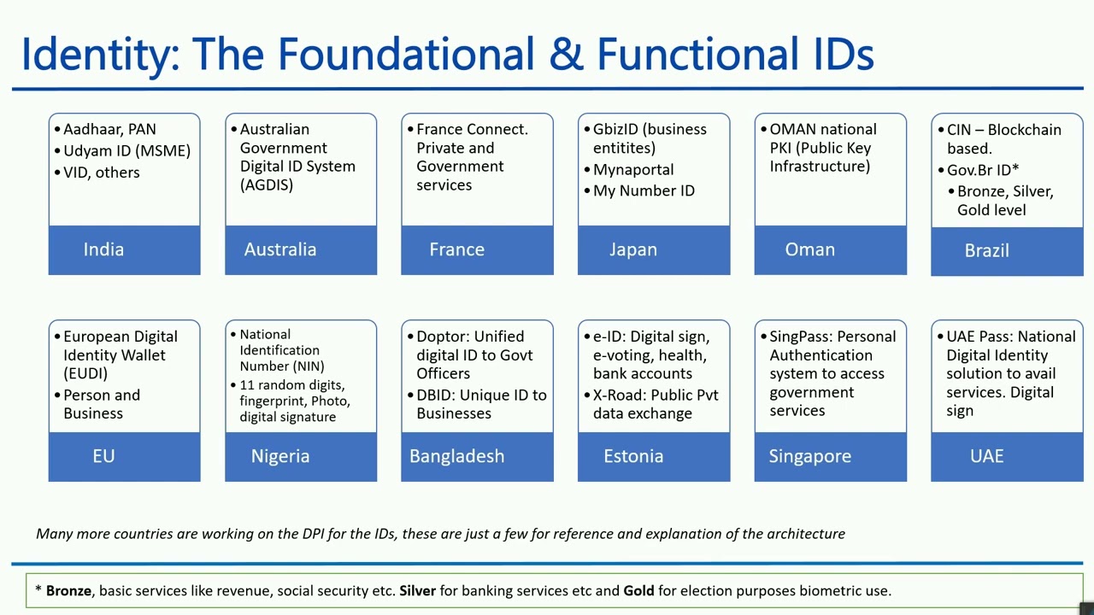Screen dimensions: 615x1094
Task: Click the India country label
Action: coord(103,249)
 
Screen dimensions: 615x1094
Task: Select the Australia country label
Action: coord(280,249)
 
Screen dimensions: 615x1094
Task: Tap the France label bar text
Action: coord(456,249)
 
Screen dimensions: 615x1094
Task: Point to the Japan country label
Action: coord(633,249)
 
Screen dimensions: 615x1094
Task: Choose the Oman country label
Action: coord(809,249)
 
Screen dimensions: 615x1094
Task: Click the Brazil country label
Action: coord(986,250)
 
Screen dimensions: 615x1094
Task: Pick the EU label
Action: coord(103,456)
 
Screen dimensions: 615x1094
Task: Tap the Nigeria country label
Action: coord(280,456)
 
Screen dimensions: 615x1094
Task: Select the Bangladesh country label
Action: coord(456,456)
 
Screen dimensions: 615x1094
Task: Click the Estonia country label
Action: coord(633,456)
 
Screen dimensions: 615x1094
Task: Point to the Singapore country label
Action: coord(809,456)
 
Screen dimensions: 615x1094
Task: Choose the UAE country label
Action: coord(986,456)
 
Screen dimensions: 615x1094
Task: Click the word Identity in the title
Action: coord(95,54)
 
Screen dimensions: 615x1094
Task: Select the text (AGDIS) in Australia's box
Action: coord(267,184)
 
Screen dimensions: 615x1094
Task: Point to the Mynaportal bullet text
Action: coord(633,170)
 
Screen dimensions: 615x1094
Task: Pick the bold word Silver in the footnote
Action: coord(417,590)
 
